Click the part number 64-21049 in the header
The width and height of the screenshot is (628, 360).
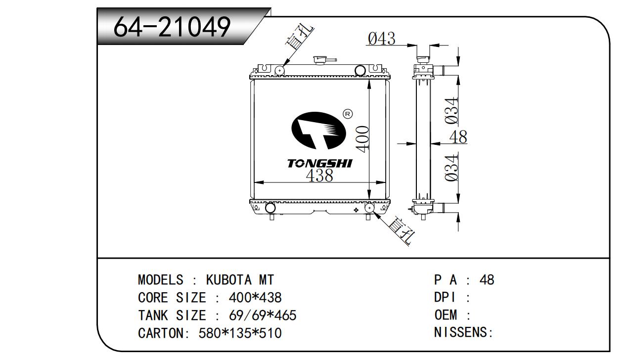click(x=172, y=27)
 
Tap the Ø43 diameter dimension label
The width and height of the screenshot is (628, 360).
click(x=382, y=39)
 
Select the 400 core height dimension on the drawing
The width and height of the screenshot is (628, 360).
click(x=362, y=139)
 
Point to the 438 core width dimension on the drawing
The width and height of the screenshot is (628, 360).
click(x=319, y=176)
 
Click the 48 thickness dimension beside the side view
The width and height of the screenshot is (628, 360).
click(x=458, y=137)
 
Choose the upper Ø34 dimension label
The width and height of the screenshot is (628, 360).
click(x=451, y=110)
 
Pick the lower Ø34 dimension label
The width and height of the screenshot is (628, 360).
click(x=451, y=168)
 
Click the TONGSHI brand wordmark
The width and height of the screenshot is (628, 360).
click(x=319, y=164)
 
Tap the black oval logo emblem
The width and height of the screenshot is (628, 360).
click(x=318, y=131)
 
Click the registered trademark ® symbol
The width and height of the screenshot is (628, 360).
click(x=348, y=114)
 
